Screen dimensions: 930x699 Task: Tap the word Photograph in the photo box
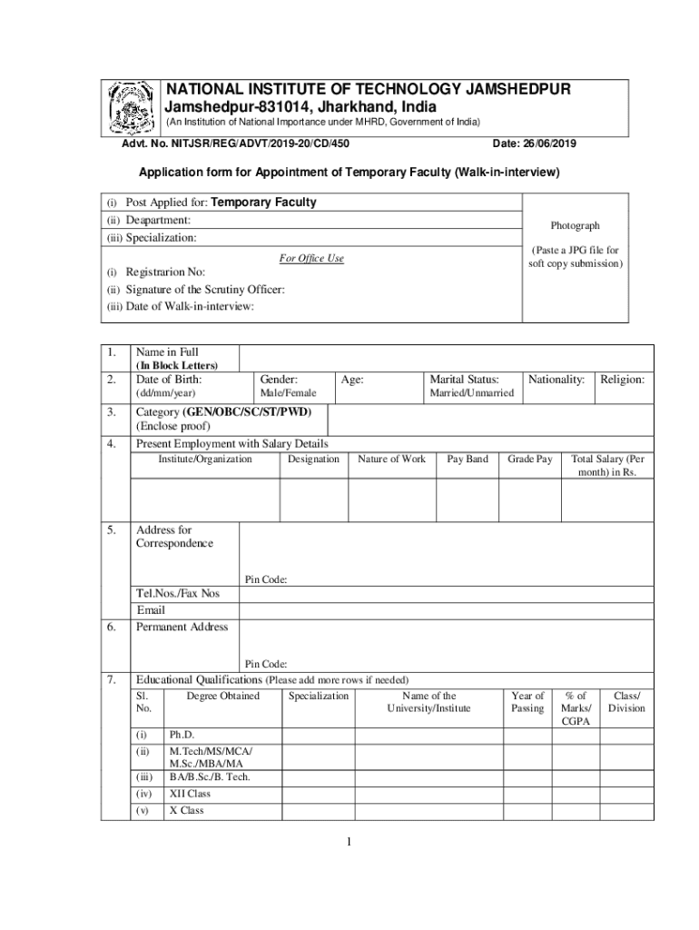pyautogui.click(x=575, y=226)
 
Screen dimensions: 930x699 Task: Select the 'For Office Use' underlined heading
pyautogui.click(x=311, y=259)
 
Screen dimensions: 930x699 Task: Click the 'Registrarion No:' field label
pyautogui.click(x=165, y=272)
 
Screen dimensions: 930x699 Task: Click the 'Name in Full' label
pyautogui.click(x=167, y=352)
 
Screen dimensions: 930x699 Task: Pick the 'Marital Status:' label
pyautogui.click(x=464, y=379)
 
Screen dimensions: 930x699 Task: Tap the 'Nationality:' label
pyautogui.click(x=556, y=379)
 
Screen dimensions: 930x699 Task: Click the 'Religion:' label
pyautogui.click(x=622, y=379)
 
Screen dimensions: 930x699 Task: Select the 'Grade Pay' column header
pyautogui.click(x=530, y=460)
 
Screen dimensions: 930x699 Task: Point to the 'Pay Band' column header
pyautogui.click(x=468, y=460)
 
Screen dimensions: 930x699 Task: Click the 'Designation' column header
pyautogui.click(x=313, y=460)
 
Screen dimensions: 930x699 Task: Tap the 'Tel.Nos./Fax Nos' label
pyautogui.click(x=178, y=594)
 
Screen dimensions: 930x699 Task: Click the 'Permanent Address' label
pyautogui.click(x=182, y=628)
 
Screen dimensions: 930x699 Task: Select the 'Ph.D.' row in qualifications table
pyautogui.click(x=182, y=735)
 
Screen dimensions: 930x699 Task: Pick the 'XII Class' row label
pyautogui.click(x=190, y=794)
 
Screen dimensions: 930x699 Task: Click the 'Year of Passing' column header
pyautogui.click(x=527, y=702)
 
